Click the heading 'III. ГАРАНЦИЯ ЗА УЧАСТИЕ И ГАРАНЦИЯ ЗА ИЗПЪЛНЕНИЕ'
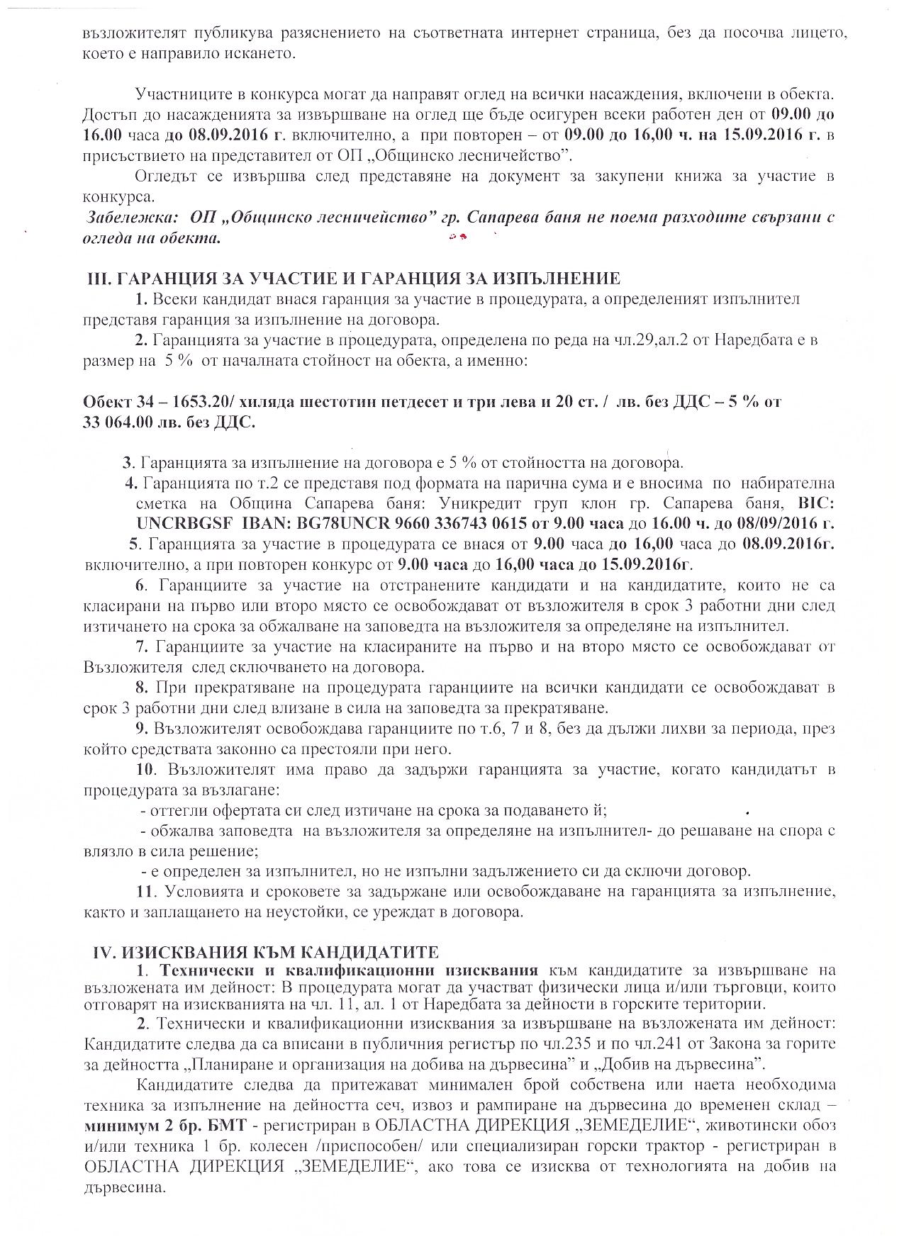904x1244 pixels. (x=352, y=279)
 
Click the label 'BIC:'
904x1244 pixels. (x=816, y=503)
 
